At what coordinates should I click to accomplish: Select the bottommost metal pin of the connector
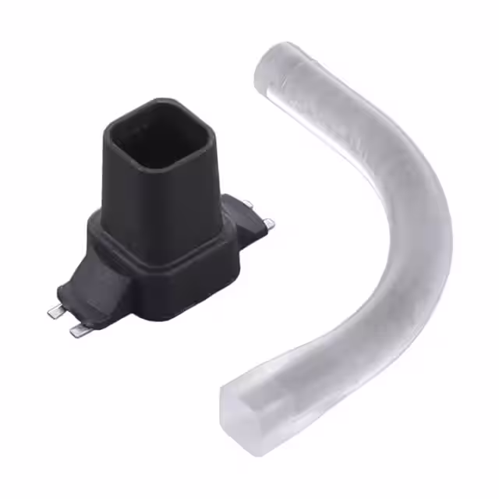(79, 331)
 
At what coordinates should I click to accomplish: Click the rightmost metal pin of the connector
(269, 225)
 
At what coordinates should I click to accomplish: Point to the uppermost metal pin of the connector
(248, 203)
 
